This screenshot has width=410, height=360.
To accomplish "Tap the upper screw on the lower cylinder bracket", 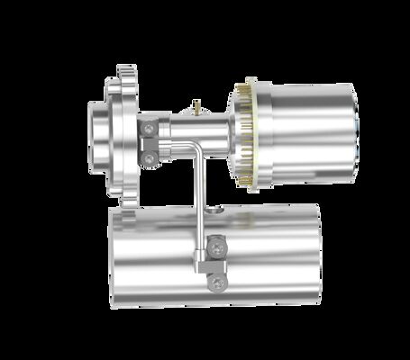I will coord(216,245).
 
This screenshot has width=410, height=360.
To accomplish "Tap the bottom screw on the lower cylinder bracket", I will coord(216,283).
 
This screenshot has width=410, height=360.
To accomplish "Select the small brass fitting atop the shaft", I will coord(196,109).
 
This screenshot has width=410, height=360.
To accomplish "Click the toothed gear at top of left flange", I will coord(125,73).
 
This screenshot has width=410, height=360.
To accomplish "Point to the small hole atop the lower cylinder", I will coord(217,210).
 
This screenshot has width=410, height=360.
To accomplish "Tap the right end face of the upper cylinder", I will coord(354,133).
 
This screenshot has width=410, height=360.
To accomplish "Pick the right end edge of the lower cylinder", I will coord(320,256).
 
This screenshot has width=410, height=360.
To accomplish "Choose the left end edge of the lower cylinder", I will coord(112,256).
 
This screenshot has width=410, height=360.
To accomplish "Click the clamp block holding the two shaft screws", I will coord(150,144).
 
